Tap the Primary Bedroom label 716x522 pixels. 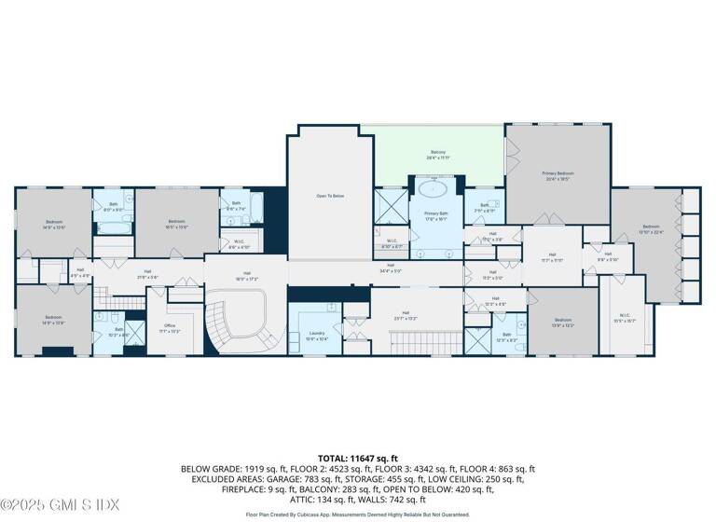pyautogui.click(x=558, y=176)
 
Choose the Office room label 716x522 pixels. pyautogui.click(x=170, y=327)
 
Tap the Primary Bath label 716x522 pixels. pyautogui.click(x=437, y=216)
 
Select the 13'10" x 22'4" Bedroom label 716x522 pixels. pyautogui.click(x=650, y=229)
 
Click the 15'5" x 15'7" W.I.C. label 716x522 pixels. pyautogui.click(x=621, y=318)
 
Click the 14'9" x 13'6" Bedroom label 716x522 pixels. pyautogui.click(x=54, y=224)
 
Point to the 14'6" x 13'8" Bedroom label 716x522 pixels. pyautogui.click(x=53, y=320)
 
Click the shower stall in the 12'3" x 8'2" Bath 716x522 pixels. pyautogui.click(x=478, y=340)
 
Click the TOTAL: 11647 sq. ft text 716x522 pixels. pyautogui.click(x=358, y=459)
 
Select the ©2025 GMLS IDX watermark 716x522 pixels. pyautogui.click(x=61, y=505)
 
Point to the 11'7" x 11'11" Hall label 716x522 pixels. pyautogui.click(x=552, y=257)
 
